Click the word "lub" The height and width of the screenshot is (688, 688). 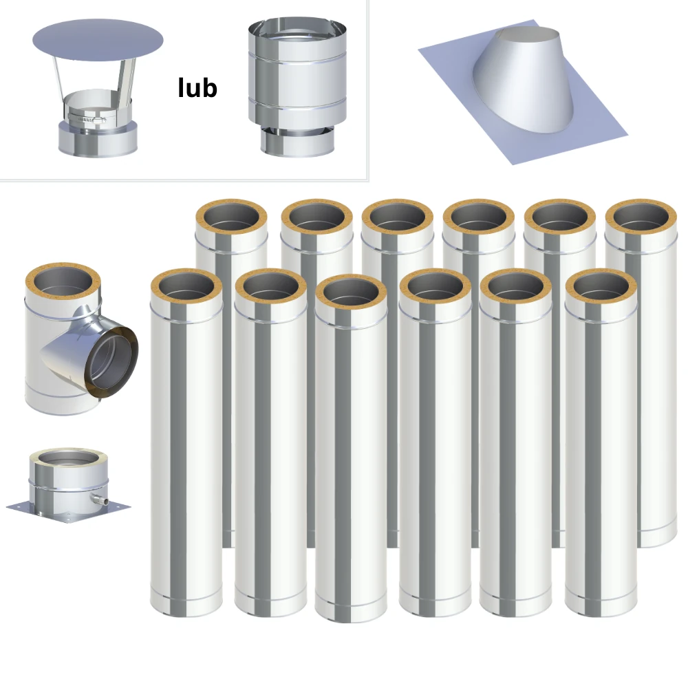(197, 87)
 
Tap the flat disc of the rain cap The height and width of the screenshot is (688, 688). (98, 41)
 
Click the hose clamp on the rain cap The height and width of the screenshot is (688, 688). (87, 118)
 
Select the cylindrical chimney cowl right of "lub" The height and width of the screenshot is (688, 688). (297, 87)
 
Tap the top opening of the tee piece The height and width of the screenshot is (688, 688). (63, 284)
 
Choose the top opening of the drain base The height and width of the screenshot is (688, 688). (68, 458)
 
